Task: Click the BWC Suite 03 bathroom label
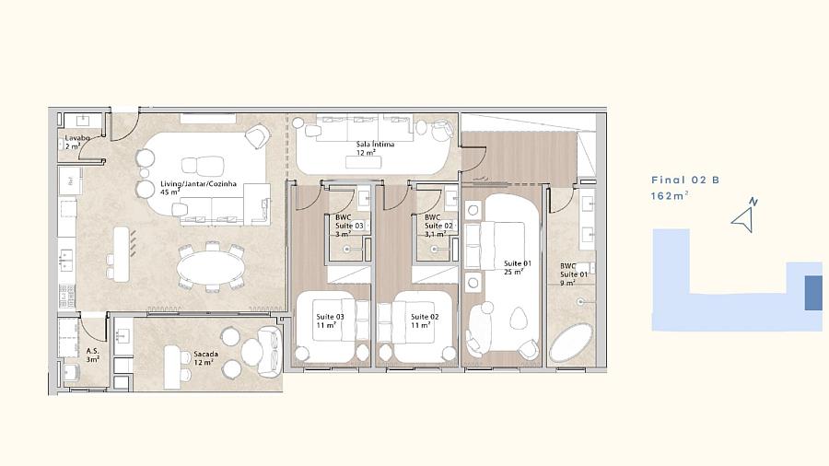(349, 226)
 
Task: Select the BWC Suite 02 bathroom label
(438, 226)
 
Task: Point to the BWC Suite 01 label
(574, 274)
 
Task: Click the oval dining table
(211, 268)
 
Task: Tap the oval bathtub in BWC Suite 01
(571, 343)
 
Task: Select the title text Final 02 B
(685, 181)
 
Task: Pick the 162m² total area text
(670, 195)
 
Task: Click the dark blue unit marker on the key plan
(813, 293)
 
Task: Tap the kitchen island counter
(121, 253)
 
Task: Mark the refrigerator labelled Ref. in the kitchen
(70, 181)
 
